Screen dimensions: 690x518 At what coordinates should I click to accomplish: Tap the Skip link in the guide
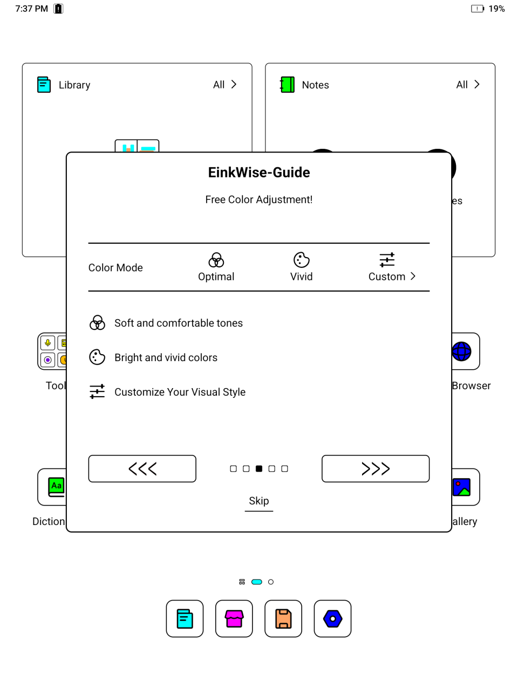click(x=259, y=501)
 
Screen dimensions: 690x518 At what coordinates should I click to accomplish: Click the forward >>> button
click(x=376, y=468)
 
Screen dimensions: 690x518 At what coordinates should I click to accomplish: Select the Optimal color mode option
click(x=216, y=267)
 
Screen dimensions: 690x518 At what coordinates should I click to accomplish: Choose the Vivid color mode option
click(x=301, y=267)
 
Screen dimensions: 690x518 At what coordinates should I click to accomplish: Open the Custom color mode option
click(x=391, y=267)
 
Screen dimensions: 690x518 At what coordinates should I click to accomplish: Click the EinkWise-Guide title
click(x=259, y=172)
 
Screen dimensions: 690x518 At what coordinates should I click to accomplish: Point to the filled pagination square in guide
click(x=259, y=469)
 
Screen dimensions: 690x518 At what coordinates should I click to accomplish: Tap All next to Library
click(x=224, y=85)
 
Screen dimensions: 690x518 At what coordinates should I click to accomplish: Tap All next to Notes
click(x=468, y=85)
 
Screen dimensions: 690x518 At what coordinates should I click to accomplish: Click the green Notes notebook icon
click(x=288, y=85)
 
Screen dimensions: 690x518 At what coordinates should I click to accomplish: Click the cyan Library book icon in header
click(x=44, y=85)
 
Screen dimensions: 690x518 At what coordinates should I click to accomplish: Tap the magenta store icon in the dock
click(x=234, y=619)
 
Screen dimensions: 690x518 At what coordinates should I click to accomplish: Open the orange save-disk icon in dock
click(x=283, y=619)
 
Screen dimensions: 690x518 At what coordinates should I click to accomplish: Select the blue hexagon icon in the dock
click(x=332, y=619)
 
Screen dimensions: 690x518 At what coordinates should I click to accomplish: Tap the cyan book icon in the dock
click(x=185, y=619)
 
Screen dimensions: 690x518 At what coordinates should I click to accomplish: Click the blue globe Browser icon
click(x=462, y=351)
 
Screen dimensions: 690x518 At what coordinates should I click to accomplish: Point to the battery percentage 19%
click(x=496, y=9)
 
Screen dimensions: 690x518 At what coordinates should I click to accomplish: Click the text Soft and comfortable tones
click(x=179, y=323)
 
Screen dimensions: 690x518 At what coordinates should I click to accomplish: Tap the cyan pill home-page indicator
click(x=257, y=582)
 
